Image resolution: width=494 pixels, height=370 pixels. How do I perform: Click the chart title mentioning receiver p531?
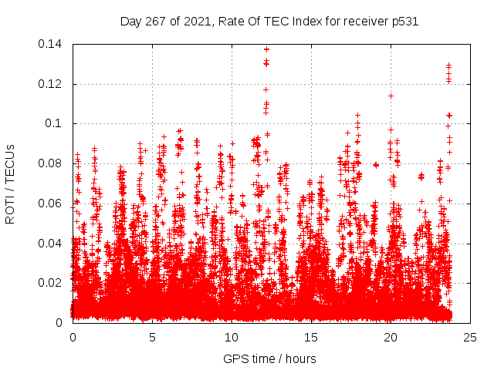(269, 22)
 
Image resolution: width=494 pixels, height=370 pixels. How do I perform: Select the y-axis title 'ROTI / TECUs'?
(10, 183)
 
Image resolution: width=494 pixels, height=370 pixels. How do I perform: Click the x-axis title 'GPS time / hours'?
(269, 358)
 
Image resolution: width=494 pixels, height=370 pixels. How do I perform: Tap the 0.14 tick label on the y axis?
(52, 44)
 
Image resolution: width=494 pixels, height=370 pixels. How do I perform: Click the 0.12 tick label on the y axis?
(52, 84)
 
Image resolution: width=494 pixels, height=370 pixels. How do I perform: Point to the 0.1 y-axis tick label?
(56, 123)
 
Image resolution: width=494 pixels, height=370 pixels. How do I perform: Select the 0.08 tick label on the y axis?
(52, 163)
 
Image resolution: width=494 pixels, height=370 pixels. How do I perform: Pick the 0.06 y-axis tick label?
(52, 203)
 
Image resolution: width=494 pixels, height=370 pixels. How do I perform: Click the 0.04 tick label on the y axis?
(52, 244)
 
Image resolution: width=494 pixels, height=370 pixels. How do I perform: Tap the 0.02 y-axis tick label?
(52, 283)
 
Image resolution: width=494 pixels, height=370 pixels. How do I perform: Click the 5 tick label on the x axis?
(152, 338)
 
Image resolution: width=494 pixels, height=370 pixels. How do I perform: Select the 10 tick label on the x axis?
(232, 338)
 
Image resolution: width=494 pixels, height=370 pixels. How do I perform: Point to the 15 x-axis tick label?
(311, 338)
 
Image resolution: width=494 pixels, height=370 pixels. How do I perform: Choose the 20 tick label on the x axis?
(391, 338)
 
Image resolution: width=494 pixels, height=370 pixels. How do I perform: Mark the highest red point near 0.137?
(266, 49)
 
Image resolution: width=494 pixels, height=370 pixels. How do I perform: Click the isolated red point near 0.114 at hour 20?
(391, 96)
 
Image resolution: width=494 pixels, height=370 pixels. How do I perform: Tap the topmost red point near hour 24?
(448, 66)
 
